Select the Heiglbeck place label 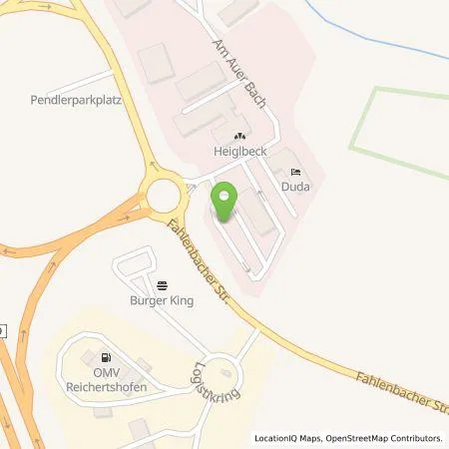pyautogui.click(x=236, y=151)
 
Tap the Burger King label pyautogui.click(x=160, y=298)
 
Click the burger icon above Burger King pyautogui.click(x=162, y=284)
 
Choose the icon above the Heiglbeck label pyautogui.click(x=237, y=137)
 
